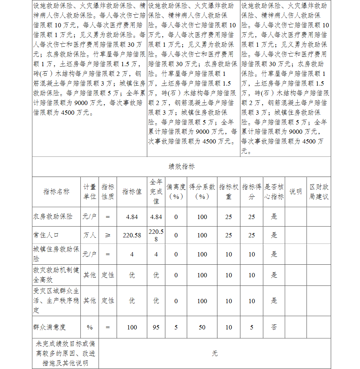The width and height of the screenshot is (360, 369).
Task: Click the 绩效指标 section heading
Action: (x=181, y=167)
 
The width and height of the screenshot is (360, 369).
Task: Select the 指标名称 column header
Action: (x=56, y=192)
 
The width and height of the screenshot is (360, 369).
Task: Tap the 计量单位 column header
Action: (x=90, y=192)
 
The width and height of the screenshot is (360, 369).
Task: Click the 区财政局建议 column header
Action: (x=319, y=192)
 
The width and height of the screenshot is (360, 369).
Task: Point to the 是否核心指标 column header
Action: (x=274, y=192)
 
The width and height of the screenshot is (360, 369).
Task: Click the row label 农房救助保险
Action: (x=53, y=217)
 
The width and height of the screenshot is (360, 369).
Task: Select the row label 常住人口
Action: (x=46, y=235)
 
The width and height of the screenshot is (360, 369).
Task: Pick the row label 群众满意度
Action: (x=49, y=327)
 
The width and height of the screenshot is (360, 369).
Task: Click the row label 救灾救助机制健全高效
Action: (x=56, y=275)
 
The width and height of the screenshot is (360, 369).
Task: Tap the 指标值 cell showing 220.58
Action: (x=132, y=235)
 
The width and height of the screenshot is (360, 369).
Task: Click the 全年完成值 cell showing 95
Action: (x=156, y=327)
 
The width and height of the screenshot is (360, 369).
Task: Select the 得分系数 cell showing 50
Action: (x=202, y=327)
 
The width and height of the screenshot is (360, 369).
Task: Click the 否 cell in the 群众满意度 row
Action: (x=274, y=327)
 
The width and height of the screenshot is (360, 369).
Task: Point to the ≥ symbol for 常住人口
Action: (x=108, y=235)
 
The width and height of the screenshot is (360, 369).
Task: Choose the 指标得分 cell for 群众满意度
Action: (x=251, y=327)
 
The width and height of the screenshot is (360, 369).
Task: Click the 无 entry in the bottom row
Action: (x=215, y=354)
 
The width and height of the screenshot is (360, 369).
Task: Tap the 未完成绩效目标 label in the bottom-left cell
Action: (x=65, y=354)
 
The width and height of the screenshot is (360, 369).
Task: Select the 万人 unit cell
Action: (x=90, y=235)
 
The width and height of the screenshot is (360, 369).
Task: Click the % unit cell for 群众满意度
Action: (x=90, y=327)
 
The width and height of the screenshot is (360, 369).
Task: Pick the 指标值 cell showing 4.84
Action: (x=132, y=217)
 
